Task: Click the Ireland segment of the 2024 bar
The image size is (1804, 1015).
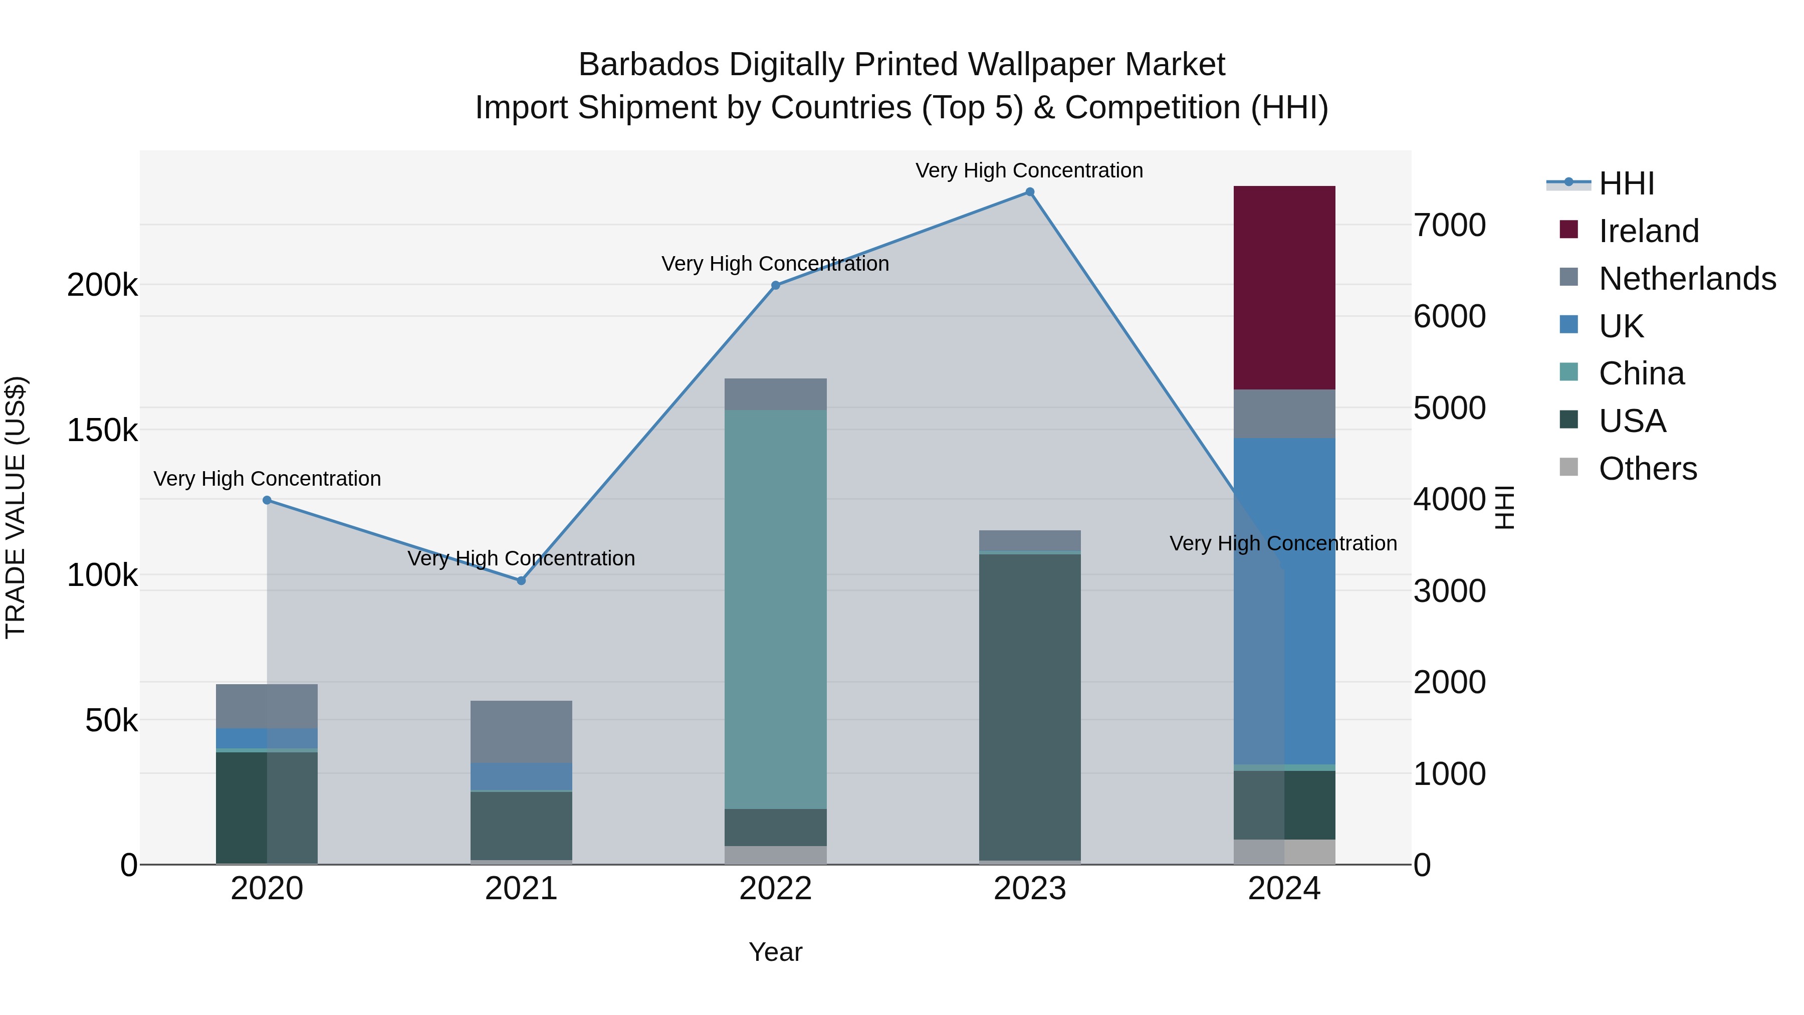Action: coord(1284,287)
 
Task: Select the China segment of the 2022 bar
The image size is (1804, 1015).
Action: coord(775,610)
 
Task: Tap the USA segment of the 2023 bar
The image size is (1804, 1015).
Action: coord(1029,707)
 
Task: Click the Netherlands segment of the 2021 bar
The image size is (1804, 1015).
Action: coord(521,731)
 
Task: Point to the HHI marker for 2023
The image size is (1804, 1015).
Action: coord(1029,192)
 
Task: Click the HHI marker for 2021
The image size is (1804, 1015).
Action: coord(521,581)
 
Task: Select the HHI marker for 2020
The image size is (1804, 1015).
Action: coord(267,500)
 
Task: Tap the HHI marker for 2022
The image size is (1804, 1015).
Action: coord(775,285)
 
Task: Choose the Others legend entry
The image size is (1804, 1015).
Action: coord(1647,469)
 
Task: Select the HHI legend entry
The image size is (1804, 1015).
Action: coord(1626,183)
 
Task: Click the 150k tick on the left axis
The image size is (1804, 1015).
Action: coord(102,430)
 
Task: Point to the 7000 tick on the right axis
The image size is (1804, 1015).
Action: coord(1449,226)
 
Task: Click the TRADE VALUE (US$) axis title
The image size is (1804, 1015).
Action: coord(16,507)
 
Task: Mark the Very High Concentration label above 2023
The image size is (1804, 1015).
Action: coord(1029,170)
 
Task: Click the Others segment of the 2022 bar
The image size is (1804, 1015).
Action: coord(775,855)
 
